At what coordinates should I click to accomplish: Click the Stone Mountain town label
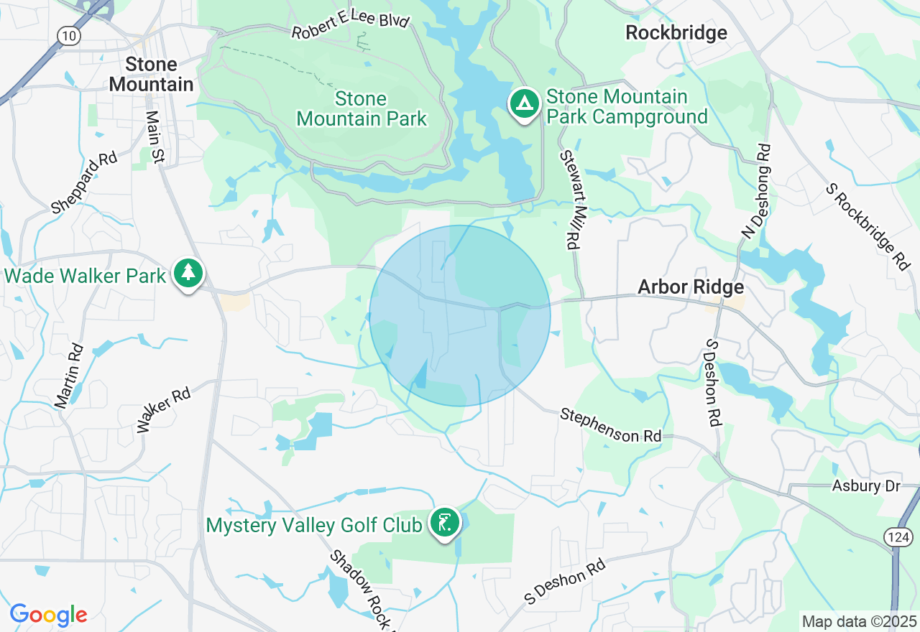(151, 75)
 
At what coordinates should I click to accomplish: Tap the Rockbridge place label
(676, 32)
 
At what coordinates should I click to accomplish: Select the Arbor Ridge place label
(691, 287)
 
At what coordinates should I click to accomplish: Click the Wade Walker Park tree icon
(188, 273)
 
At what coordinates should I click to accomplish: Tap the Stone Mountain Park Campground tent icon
(525, 104)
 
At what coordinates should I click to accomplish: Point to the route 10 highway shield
(70, 36)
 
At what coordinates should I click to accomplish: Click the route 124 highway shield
(903, 536)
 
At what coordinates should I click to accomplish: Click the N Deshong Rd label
(756, 190)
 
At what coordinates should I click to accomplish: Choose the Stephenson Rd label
(610, 425)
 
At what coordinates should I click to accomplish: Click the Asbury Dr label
(866, 486)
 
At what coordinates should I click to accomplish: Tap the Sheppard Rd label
(84, 182)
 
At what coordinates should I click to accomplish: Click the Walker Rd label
(164, 410)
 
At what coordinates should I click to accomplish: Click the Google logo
(48, 615)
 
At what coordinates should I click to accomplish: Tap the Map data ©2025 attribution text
(859, 621)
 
